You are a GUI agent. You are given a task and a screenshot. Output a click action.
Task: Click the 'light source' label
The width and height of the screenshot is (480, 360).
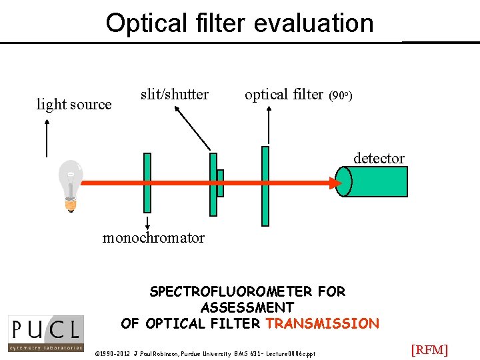click(x=74, y=105)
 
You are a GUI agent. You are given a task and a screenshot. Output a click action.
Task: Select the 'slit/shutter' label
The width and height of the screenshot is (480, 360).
click(x=175, y=95)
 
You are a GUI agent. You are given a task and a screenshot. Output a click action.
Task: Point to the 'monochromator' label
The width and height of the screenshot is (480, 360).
click(x=153, y=238)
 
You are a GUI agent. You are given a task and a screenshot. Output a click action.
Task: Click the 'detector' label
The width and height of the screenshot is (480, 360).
click(x=379, y=158)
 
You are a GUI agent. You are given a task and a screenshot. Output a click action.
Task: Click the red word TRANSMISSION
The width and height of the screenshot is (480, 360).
click(x=322, y=324)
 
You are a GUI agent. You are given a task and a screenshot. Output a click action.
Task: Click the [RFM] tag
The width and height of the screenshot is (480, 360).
click(x=429, y=350)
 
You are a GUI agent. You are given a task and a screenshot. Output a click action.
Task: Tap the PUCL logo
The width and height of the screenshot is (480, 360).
click(x=45, y=333)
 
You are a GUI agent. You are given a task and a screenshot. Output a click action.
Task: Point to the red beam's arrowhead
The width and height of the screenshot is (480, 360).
click(x=331, y=182)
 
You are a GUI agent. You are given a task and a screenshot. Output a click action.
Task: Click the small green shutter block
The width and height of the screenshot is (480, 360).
click(x=220, y=183)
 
